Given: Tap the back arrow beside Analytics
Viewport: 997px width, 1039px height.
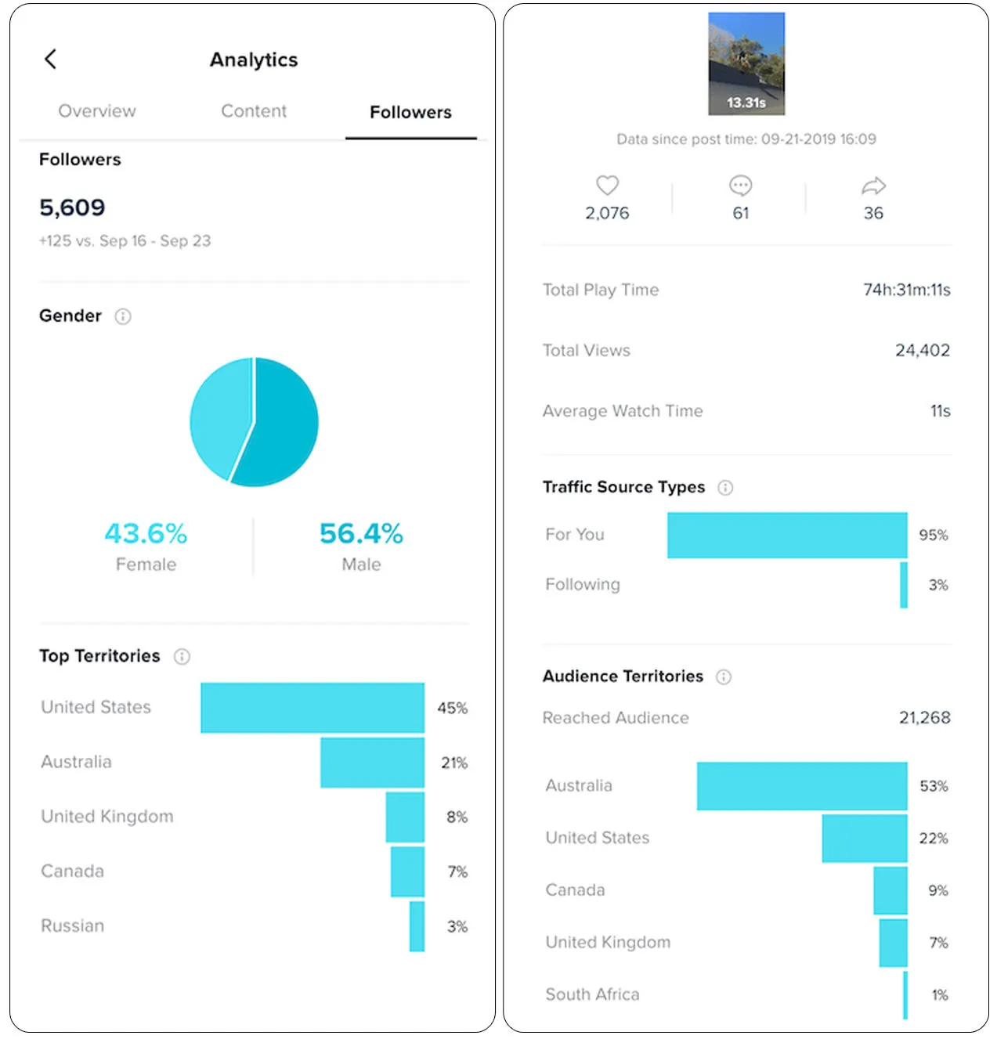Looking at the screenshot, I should [x=51, y=59].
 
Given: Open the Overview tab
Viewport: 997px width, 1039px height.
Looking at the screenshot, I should [x=97, y=111].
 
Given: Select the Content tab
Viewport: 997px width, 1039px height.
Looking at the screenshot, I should [x=254, y=111].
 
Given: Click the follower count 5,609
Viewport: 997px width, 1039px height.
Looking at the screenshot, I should [x=72, y=207].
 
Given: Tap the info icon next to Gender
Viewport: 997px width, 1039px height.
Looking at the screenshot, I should [x=123, y=316].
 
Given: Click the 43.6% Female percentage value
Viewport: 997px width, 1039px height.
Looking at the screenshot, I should [x=146, y=534].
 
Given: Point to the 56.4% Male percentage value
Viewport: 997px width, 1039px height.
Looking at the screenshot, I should [x=361, y=534].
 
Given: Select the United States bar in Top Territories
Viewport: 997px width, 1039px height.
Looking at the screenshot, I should [x=312, y=708].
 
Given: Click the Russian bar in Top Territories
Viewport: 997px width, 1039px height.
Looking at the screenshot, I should [x=417, y=926].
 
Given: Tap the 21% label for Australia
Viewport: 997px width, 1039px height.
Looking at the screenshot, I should [x=453, y=763].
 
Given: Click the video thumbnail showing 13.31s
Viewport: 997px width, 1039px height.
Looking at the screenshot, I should [x=746, y=63].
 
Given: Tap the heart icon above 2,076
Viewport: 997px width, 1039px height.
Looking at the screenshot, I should [x=607, y=186].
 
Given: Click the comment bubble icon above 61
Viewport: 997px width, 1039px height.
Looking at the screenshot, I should [x=740, y=186].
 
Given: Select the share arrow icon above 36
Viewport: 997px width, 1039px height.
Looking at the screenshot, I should [x=873, y=186].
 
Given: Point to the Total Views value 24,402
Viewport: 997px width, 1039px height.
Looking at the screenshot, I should [x=923, y=350].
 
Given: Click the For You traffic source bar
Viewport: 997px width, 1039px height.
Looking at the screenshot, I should [x=787, y=535].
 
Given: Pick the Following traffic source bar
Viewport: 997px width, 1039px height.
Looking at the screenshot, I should [x=904, y=585].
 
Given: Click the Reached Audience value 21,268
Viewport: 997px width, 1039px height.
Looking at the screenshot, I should [x=924, y=718].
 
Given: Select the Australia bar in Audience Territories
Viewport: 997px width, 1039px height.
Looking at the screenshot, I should [x=802, y=786].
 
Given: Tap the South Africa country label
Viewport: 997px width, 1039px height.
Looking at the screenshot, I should [x=592, y=994].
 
